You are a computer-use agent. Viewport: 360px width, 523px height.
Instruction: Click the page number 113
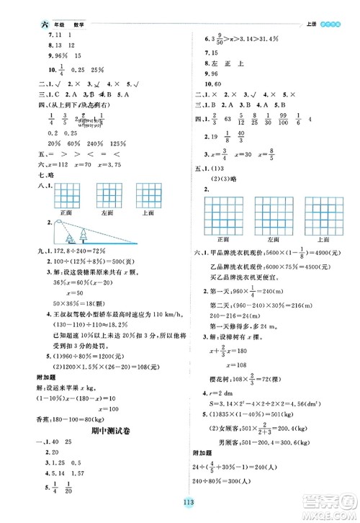pyautogui.click(x=179, y=502)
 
